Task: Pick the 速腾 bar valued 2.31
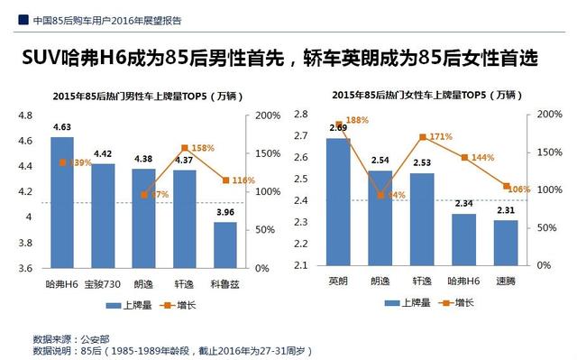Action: tap(506, 243)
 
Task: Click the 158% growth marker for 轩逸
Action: tap(186, 147)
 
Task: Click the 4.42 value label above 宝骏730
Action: tap(103, 154)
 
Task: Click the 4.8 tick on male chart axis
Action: tap(24, 115)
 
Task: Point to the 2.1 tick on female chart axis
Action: tap(300, 265)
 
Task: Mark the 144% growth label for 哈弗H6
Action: tap(482, 157)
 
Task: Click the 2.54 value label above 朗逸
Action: tap(380, 161)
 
